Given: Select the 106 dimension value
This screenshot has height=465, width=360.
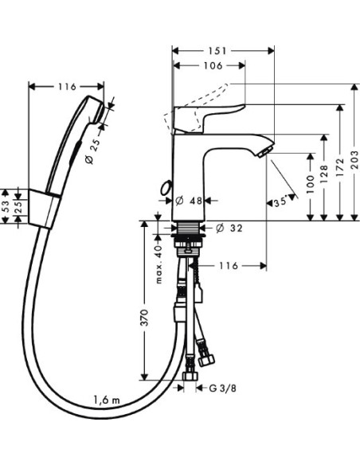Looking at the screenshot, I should tap(209, 66).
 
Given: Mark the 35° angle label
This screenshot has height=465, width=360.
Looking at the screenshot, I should tap(280, 201).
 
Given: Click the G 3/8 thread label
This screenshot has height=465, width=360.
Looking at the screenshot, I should tap(222, 388).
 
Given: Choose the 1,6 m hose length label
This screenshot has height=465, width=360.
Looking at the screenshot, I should tap(106, 398).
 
